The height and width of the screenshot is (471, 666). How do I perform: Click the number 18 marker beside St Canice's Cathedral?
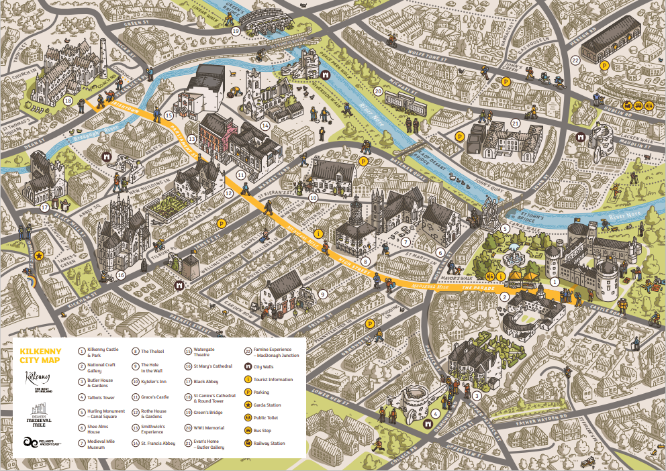click(68, 101)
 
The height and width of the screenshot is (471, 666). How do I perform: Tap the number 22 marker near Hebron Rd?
click(575, 60)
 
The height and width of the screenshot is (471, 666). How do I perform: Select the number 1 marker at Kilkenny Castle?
click(555, 282)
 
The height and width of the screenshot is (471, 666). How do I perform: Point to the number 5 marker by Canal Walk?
click(506, 227)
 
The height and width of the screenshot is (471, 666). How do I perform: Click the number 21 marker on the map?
click(516, 123)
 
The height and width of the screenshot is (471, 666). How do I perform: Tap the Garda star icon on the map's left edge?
click(40, 256)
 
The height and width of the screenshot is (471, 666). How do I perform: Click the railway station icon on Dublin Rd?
click(649, 105)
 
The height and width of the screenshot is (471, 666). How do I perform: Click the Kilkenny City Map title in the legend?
click(41, 356)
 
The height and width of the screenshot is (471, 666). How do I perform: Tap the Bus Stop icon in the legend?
click(248, 430)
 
